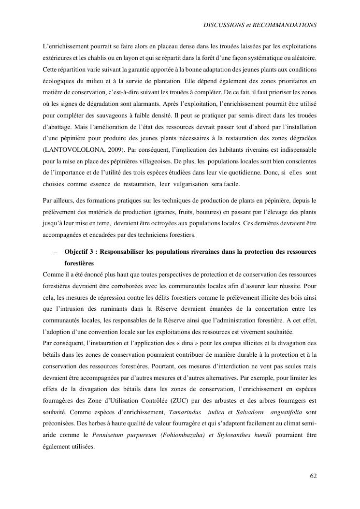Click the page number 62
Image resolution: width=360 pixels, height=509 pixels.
coord(313,476)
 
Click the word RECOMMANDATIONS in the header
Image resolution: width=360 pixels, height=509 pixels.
coord(286,24)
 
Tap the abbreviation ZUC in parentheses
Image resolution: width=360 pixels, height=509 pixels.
coord(161,401)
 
